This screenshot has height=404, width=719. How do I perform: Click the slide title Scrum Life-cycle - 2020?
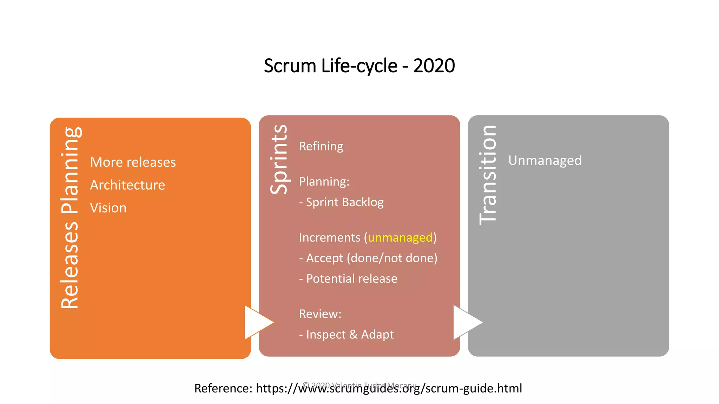[x=359, y=66]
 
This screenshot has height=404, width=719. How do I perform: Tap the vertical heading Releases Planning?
[x=70, y=217]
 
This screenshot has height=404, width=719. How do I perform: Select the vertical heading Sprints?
[x=279, y=160]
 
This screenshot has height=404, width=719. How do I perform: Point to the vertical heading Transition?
[x=488, y=175]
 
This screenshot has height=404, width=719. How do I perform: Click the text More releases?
[x=133, y=162]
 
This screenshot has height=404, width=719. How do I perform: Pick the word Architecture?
[x=127, y=185]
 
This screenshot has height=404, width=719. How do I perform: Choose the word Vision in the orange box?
[x=108, y=208]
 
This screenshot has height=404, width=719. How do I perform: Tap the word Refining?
[x=321, y=146]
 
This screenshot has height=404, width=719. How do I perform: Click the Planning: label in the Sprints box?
[x=324, y=182]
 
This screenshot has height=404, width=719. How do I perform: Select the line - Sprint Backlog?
[x=341, y=202]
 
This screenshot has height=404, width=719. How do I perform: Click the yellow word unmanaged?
[x=400, y=238]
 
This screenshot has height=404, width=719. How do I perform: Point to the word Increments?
[x=329, y=238]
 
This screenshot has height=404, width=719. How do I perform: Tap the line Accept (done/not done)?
[x=368, y=258]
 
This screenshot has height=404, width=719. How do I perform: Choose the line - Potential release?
[x=348, y=279]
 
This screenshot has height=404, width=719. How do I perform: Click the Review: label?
[x=320, y=314]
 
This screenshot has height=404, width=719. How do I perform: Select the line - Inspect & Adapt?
[x=346, y=335]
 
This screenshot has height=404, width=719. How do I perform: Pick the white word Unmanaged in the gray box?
[x=545, y=161]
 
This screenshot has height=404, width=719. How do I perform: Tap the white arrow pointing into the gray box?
[x=466, y=322]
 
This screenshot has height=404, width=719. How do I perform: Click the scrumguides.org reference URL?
[x=389, y=389]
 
